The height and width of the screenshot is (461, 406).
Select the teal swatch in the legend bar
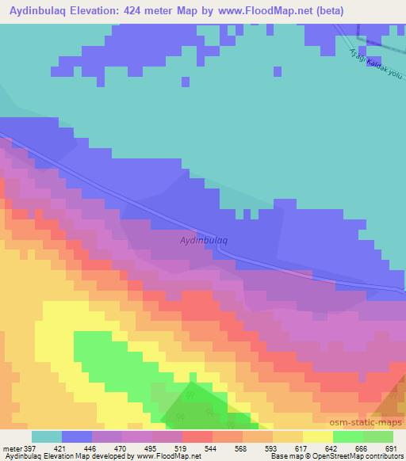pyautogui.click(x=47, y=436)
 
